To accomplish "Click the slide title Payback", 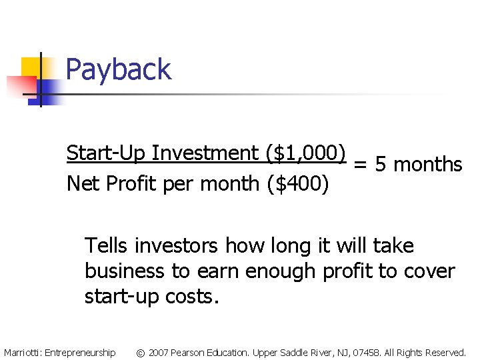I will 119,69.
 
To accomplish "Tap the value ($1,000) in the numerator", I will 305,153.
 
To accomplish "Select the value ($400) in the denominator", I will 297,183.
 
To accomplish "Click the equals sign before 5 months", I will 359,165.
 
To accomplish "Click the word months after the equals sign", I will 427,165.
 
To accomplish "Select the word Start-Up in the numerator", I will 106,153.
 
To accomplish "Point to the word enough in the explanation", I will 280,271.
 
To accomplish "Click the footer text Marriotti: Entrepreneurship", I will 59,352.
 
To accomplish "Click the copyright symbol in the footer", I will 141,352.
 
